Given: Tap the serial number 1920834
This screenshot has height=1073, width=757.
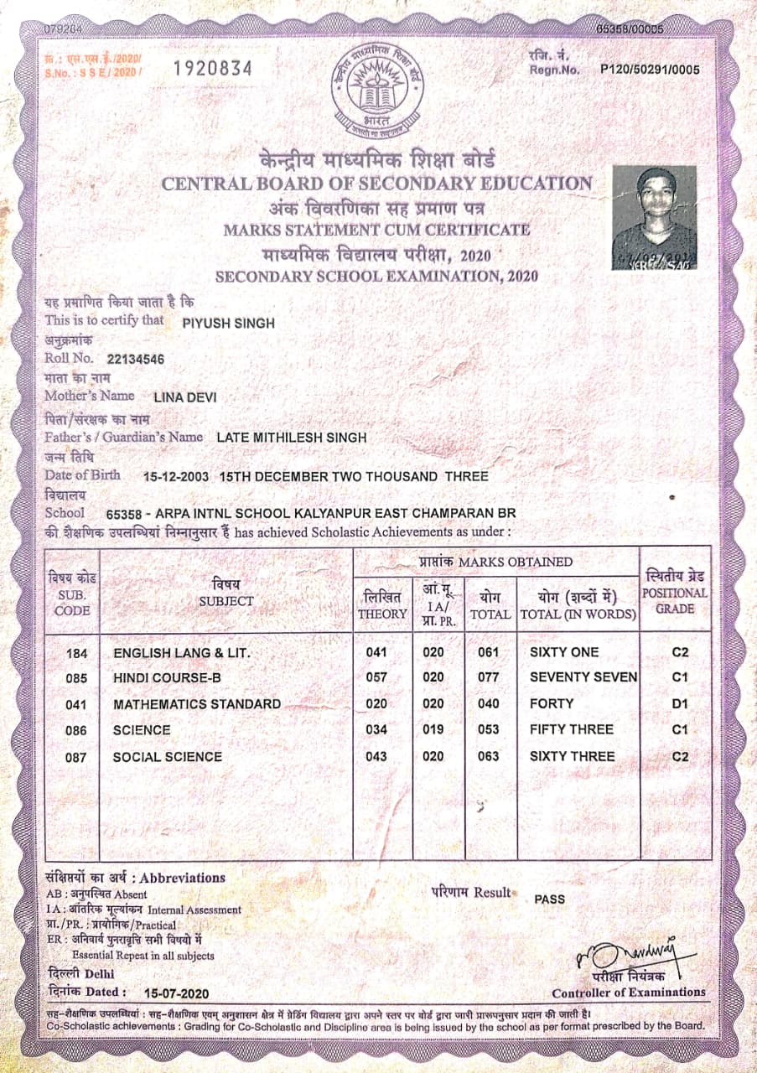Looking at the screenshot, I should click(212, 69).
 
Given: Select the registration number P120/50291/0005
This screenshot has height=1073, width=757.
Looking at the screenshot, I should click(650, 70).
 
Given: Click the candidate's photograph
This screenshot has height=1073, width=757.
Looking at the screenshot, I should click(654, 217).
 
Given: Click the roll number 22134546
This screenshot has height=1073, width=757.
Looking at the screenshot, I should click(136, 360).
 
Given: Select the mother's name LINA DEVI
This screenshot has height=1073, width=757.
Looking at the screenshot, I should click(185, 397).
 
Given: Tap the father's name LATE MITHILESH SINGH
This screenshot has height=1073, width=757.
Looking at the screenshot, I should click(291, 438).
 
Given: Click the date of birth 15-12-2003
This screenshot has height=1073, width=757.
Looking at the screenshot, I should click(176, 476).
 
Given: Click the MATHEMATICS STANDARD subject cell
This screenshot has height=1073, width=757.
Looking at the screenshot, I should click(197, 704).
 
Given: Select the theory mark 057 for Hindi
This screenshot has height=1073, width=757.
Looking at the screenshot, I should click(376, 677).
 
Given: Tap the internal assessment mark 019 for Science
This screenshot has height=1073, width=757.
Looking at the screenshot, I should click(433, 729).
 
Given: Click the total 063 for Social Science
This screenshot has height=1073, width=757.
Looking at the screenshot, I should click(488, 756).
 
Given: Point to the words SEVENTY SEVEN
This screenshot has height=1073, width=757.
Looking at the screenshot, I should click(583, 677).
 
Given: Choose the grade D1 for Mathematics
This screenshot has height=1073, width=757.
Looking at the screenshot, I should click(680, 704).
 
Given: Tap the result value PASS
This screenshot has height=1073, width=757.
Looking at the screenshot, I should click(549, 899).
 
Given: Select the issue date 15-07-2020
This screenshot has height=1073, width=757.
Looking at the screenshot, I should click(176, 993).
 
